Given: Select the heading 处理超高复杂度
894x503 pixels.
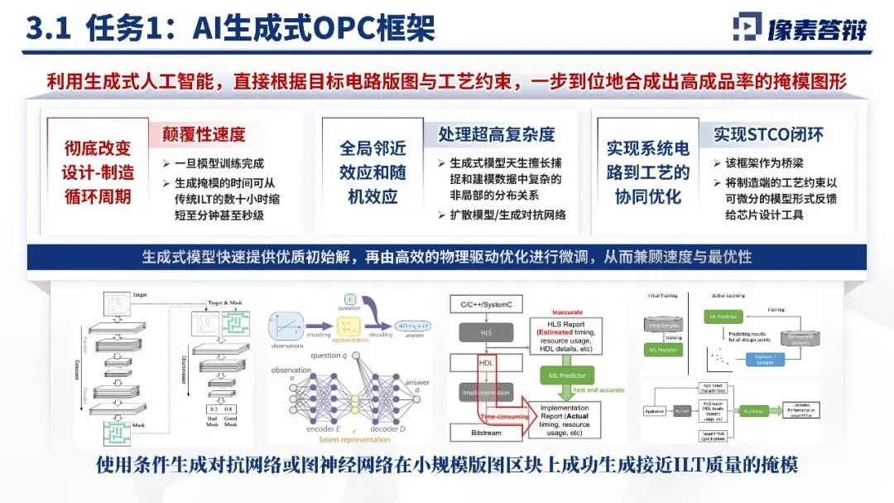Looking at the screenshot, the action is coord(496,134).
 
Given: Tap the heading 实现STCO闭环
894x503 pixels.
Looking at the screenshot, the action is coord(768,134).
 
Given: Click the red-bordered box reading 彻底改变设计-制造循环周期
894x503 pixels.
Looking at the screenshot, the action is coord(98,173).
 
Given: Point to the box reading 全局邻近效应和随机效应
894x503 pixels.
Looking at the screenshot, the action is coord(372,172).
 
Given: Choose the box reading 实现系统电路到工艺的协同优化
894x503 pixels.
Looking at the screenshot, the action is coord(648,172).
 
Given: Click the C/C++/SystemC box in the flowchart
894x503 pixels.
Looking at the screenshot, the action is coord(491,304).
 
